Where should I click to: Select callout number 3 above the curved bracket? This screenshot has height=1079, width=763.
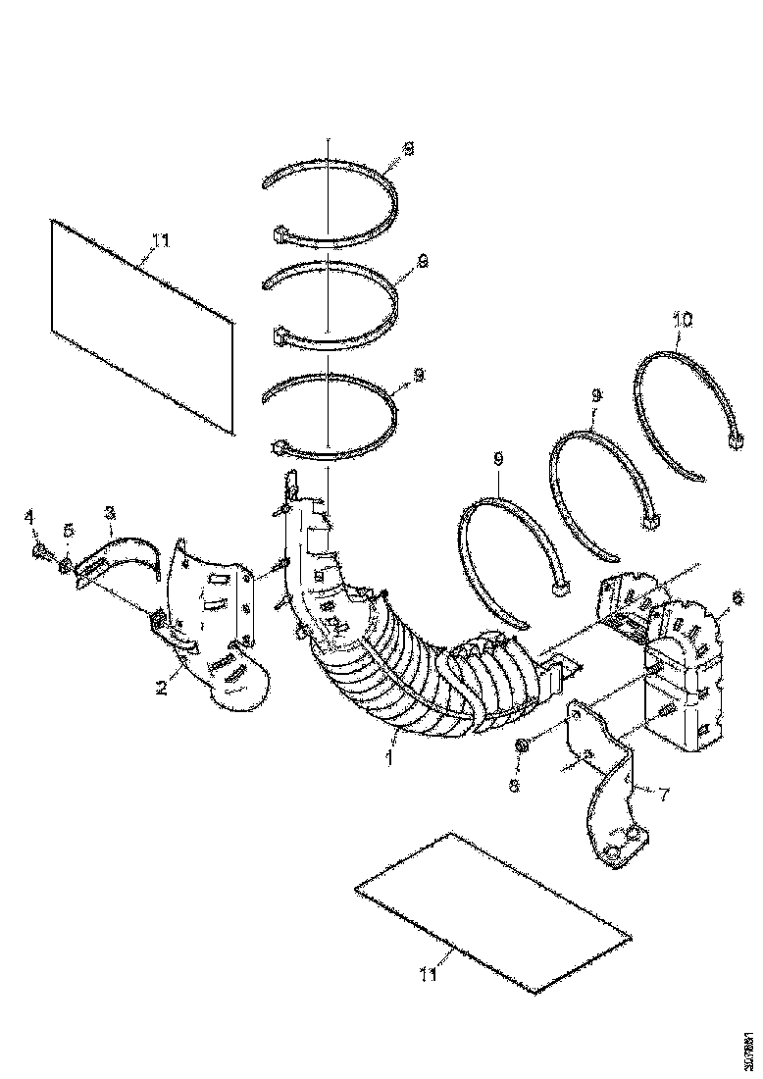[110, 512]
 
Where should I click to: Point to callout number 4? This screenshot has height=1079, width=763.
[28, 516]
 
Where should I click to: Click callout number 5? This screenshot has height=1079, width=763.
[68, 531]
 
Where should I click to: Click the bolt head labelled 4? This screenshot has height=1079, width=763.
[38, 552]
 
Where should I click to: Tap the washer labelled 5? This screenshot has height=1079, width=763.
[64, 565]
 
